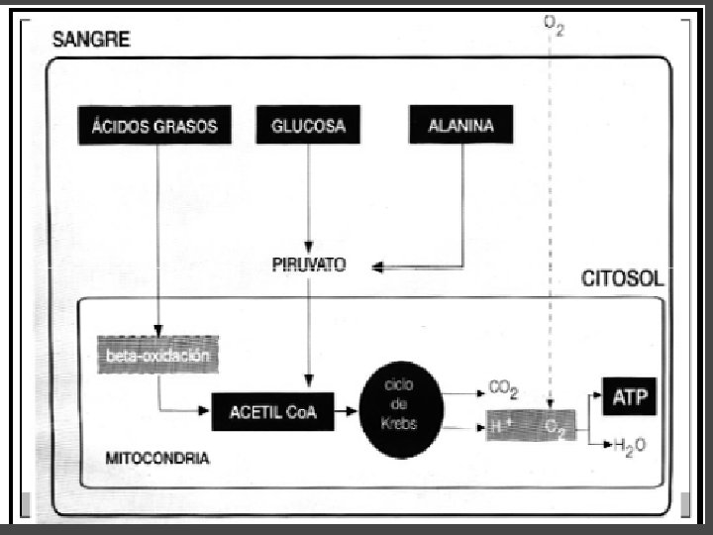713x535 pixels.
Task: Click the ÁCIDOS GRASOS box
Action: click(154, 127)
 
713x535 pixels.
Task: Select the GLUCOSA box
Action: click(308, 127)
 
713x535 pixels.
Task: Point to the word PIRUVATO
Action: click(307, 267)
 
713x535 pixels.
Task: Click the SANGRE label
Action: click(91, 41)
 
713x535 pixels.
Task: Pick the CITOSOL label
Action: click(622, 279)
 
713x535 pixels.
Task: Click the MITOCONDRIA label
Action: click(155, 459)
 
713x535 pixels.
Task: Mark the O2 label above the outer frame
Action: click(554, 24)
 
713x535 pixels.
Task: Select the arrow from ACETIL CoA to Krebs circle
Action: click(347, 408)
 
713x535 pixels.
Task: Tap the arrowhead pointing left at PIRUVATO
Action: click(377, 267)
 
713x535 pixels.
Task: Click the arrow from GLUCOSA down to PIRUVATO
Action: click(309, 198)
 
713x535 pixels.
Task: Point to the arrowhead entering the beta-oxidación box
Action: click(156, 332)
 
